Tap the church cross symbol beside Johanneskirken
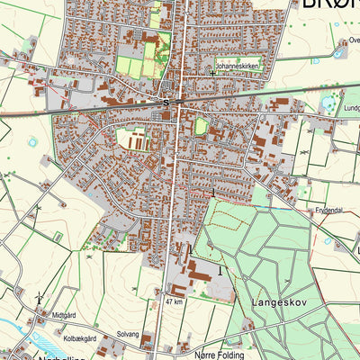[x=212, y=69]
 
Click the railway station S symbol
[x=166, y=103]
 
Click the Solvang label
[x=128, y=334]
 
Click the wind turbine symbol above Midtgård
[x=39, y=297]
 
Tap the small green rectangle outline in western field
[x=58, y=237]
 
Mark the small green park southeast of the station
[x=201, y=127]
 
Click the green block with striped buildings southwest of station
[x=135, y=139]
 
